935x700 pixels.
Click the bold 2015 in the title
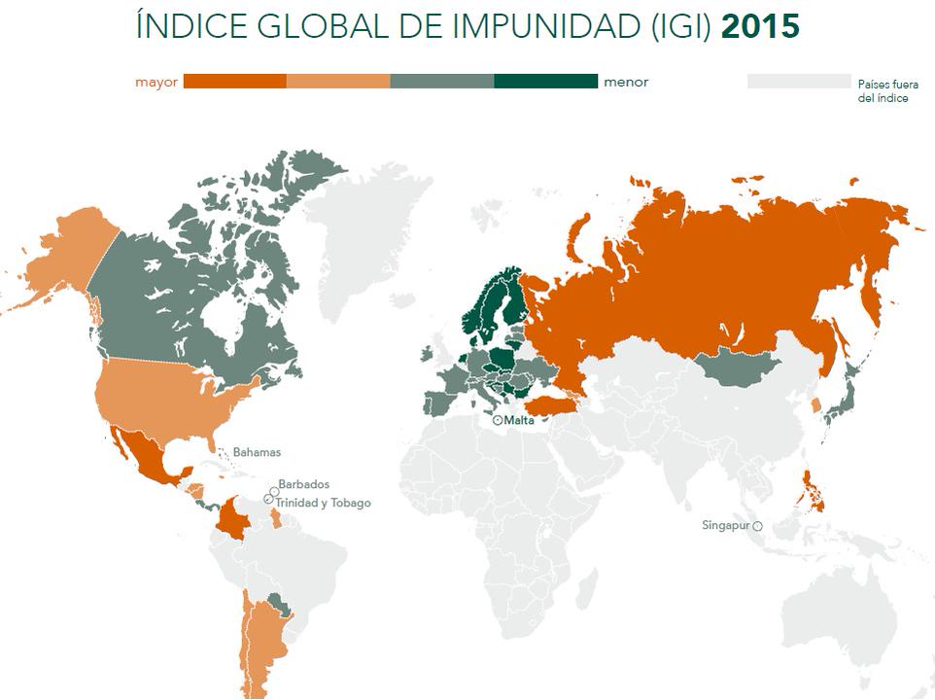coord(760,26)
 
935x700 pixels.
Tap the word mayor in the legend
coord(156,83)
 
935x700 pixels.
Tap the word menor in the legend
coord(626,83)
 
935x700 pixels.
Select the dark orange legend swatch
coord(234,82)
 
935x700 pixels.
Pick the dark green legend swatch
coord(545,82)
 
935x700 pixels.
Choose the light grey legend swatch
coord(798,82)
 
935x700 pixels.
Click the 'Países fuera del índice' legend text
coord(887,91)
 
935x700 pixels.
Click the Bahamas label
coord(257,452)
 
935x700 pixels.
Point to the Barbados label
coord(303,484)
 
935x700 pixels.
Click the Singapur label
coord(726,526)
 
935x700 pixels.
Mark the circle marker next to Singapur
coord(757,526)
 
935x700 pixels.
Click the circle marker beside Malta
coord(498,421)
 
